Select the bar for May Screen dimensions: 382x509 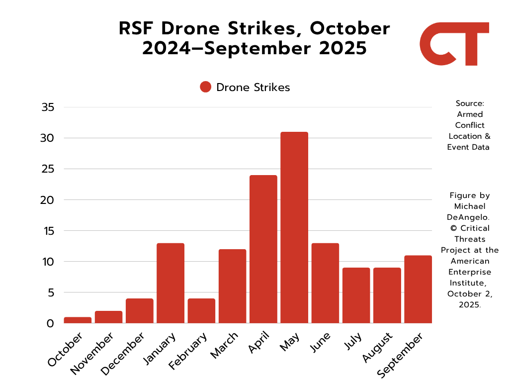294,227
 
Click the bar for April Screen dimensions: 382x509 263,249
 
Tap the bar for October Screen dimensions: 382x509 78,320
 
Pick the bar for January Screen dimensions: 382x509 170,283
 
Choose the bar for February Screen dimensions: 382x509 201,311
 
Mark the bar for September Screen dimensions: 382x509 418,289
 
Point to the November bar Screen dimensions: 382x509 108,317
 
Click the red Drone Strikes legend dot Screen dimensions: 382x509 206,87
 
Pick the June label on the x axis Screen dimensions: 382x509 321,343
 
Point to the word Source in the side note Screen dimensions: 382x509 469,103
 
